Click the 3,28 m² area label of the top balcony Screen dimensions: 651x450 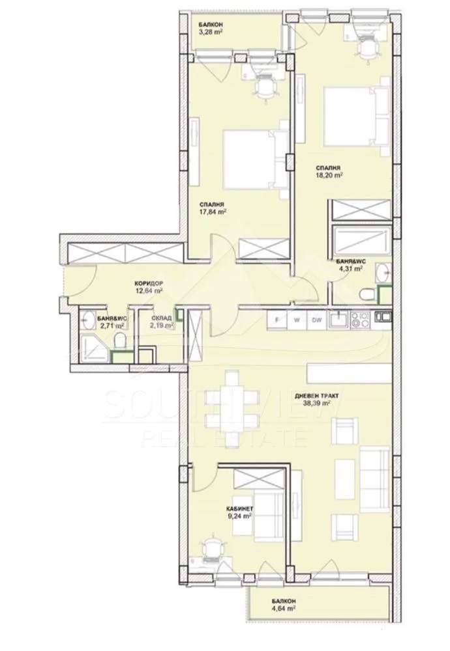pos(212,35)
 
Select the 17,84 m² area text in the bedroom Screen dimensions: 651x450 pos(213,211)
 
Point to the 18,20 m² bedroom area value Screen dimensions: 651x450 pos(330,174)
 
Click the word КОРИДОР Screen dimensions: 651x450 pos(148,283)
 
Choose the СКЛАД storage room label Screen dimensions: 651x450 pos(162,318)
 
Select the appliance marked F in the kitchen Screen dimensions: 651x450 pos(277,320)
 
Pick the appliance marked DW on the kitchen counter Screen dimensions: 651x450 pos(316,320)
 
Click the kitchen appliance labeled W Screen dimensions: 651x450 pos(297,320)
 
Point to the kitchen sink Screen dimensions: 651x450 pos(339,319)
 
